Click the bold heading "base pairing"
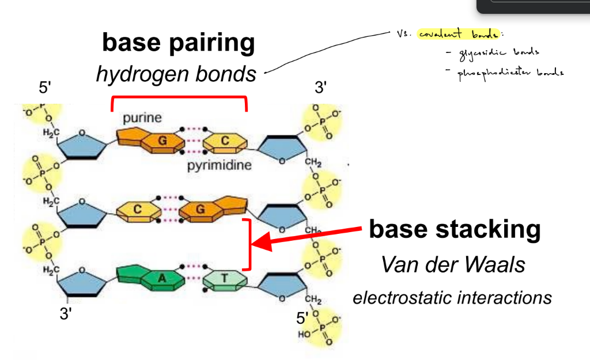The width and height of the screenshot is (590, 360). click(x=178, y=43)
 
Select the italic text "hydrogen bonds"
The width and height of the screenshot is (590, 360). click(x=176, y=74)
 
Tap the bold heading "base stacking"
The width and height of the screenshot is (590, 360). click(x=455, y=229)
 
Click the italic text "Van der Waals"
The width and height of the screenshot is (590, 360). click(x=453, y=265)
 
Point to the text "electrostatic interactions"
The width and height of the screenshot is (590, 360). click(x=452, y=298)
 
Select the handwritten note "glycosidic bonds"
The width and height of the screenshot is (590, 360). click(x=499, y=52)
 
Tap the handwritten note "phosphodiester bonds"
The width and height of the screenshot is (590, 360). click(x=510, y=73)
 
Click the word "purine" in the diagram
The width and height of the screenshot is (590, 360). click(x=142, y=118)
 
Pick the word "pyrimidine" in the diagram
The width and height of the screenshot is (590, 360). click(x=219, y=166)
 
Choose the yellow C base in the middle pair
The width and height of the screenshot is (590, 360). click(x=138, y=210)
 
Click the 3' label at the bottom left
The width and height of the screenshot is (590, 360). click(x=67, y=314)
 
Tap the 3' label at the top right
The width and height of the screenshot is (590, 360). click(x=321, y=88)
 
